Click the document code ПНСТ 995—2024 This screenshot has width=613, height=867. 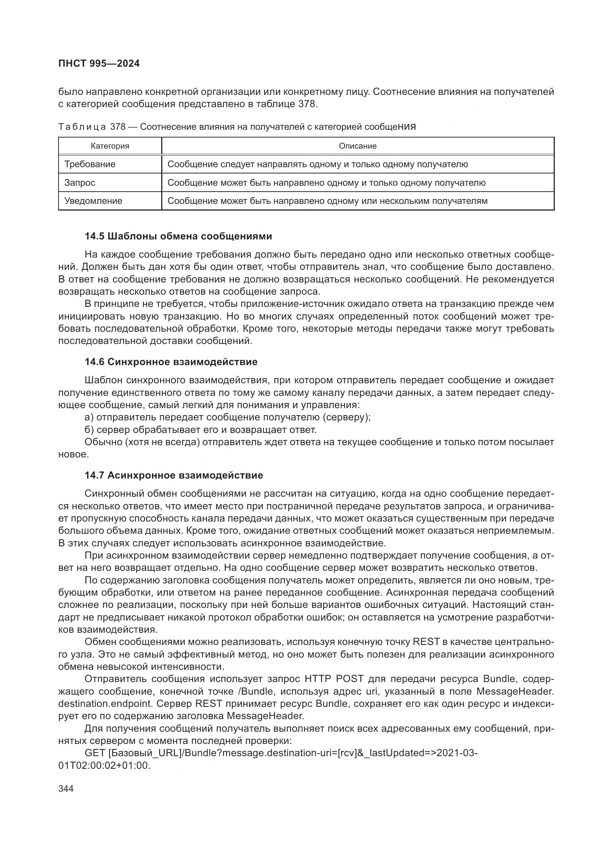(x=99, y=64)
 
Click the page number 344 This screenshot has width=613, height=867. (x=66, y=788)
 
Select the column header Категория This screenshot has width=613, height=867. (x=110, y=146)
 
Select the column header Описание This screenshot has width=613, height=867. (x=357, y=146)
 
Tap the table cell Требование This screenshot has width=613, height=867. (x=90, y=164)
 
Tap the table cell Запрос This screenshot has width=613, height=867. (x=80, y=183)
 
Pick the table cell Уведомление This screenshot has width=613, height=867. (x=93, y=201)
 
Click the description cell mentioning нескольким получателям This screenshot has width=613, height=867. (x=327, y=201)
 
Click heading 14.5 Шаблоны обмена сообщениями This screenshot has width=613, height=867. (x=178, y=236)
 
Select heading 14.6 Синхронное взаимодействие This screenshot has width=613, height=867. (x=171, y=362)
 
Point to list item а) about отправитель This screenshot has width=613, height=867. (x=227, y=417)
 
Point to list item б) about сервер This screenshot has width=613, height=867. (x=201, y=430)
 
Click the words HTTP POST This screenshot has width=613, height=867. (x=334, y=679)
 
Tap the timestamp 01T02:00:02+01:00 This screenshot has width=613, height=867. (x=104, y=765)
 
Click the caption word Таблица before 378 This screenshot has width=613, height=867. (x=82, y=127)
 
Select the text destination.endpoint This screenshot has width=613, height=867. (x=105, y=704)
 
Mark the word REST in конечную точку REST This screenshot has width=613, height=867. (x=427, y=642)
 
